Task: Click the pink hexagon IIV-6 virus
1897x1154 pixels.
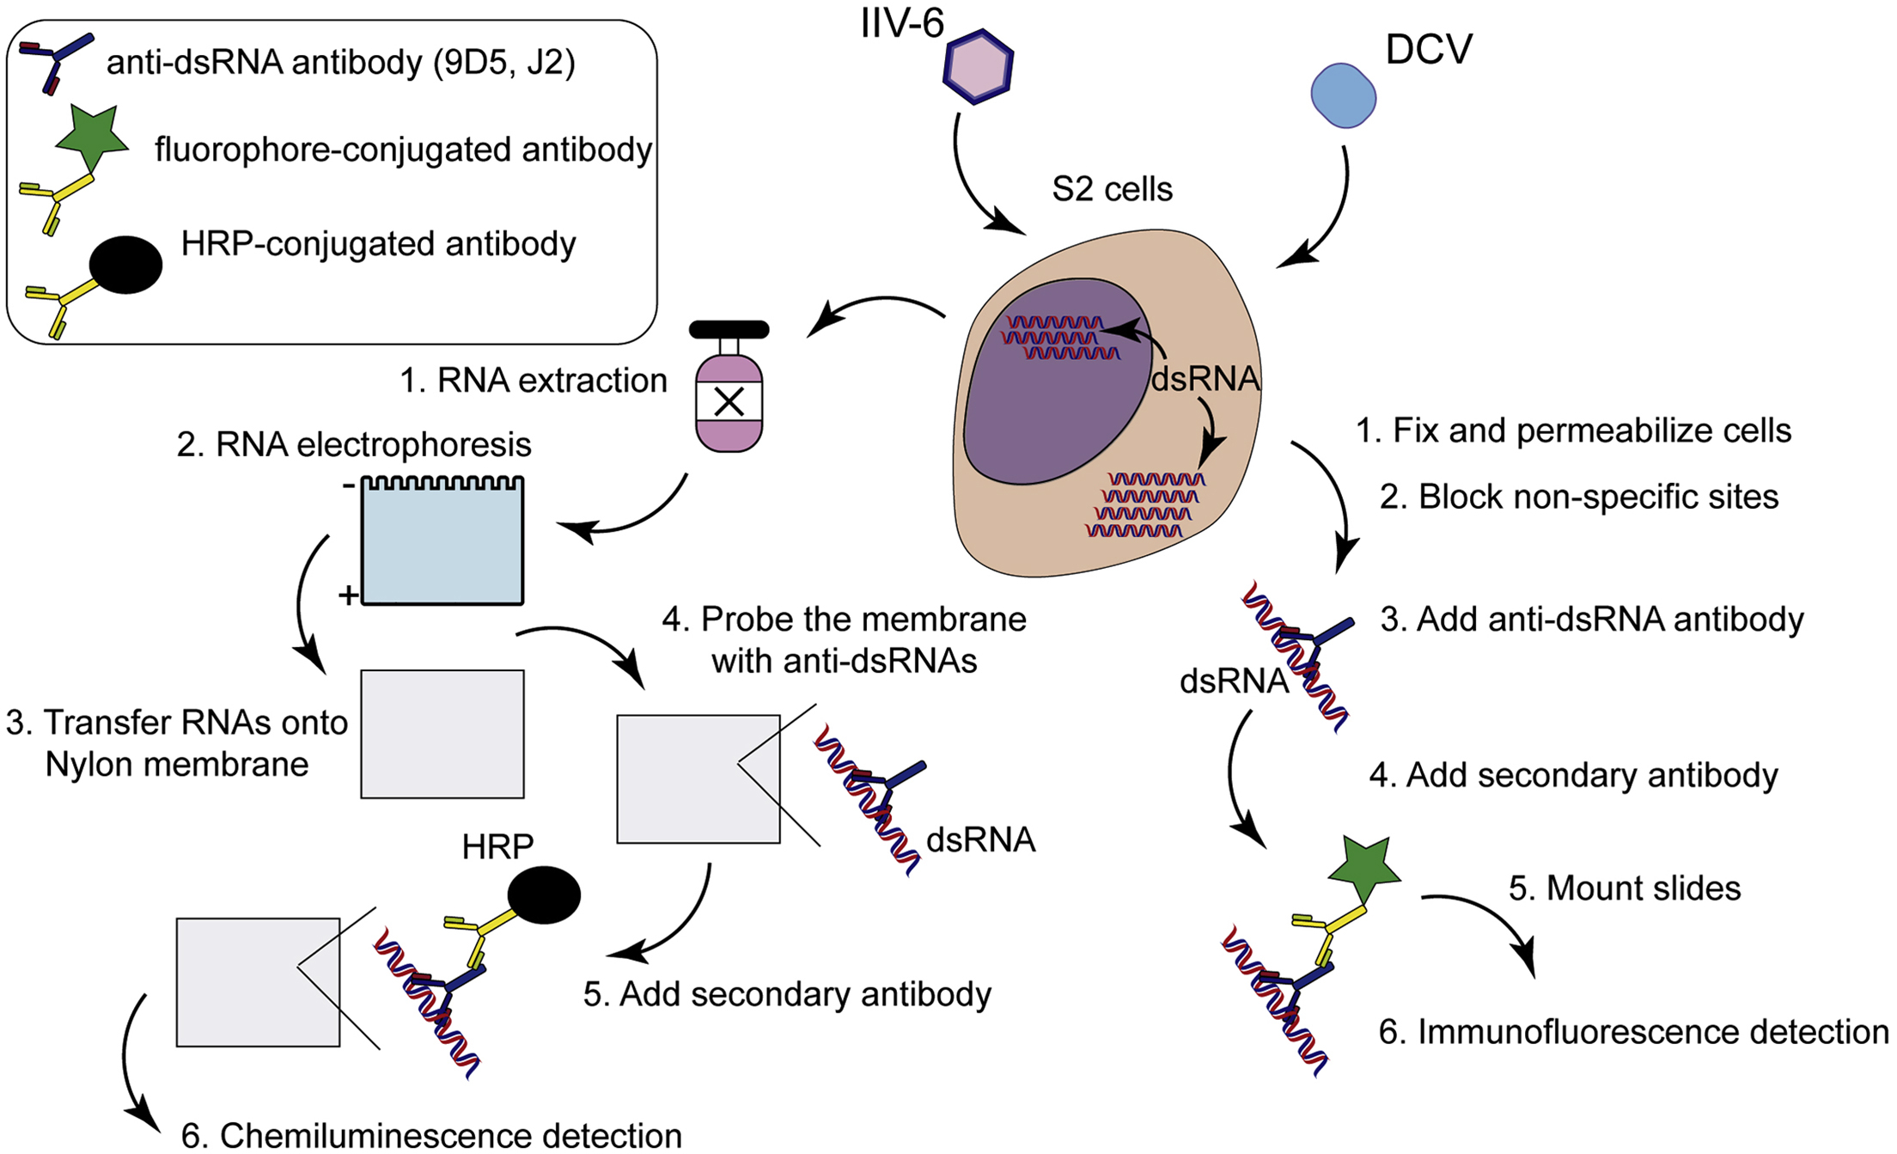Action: [x=978, y=67]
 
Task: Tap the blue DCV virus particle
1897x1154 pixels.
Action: [x=1344, y=95]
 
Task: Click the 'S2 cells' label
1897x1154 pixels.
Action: [x=1112, y=189]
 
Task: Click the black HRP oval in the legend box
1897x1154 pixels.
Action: [x=126, y=265]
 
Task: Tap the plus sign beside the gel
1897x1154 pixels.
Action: [x=348, y=595]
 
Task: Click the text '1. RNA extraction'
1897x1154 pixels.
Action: [x=533, y=380]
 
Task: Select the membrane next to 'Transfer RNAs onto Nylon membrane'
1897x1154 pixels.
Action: [x=442, y=734]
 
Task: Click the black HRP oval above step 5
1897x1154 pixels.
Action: [x=544, y=895]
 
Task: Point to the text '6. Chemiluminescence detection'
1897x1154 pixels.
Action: [x=431, y=1135]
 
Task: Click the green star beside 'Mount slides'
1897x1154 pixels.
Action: [x=1363, y=871]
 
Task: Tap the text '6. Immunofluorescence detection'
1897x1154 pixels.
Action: [x=1633, y=1031]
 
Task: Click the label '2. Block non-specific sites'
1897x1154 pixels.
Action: [x=1579, y=497]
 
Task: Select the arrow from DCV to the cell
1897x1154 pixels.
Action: [x=1327, y=215]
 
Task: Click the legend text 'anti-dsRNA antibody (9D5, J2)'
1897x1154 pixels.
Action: [x=341, y=62]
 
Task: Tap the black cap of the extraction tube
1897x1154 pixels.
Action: [x=729, y=329]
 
